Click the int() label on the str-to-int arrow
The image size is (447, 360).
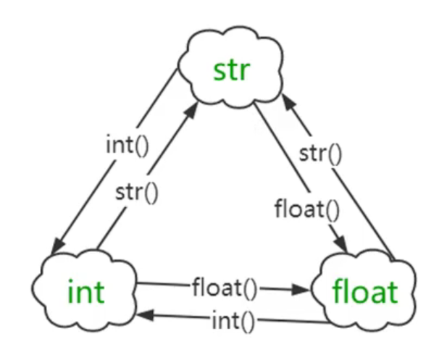click(127, 143)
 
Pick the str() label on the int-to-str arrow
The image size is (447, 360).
click(137, 193)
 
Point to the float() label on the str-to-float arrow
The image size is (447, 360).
click(306, 210)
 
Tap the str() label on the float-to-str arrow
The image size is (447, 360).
click(319, 154)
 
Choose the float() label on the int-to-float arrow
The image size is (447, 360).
click(225, 288)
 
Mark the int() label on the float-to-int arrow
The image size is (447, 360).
click(233, 319)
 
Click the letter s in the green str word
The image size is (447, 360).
click(220, 72)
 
